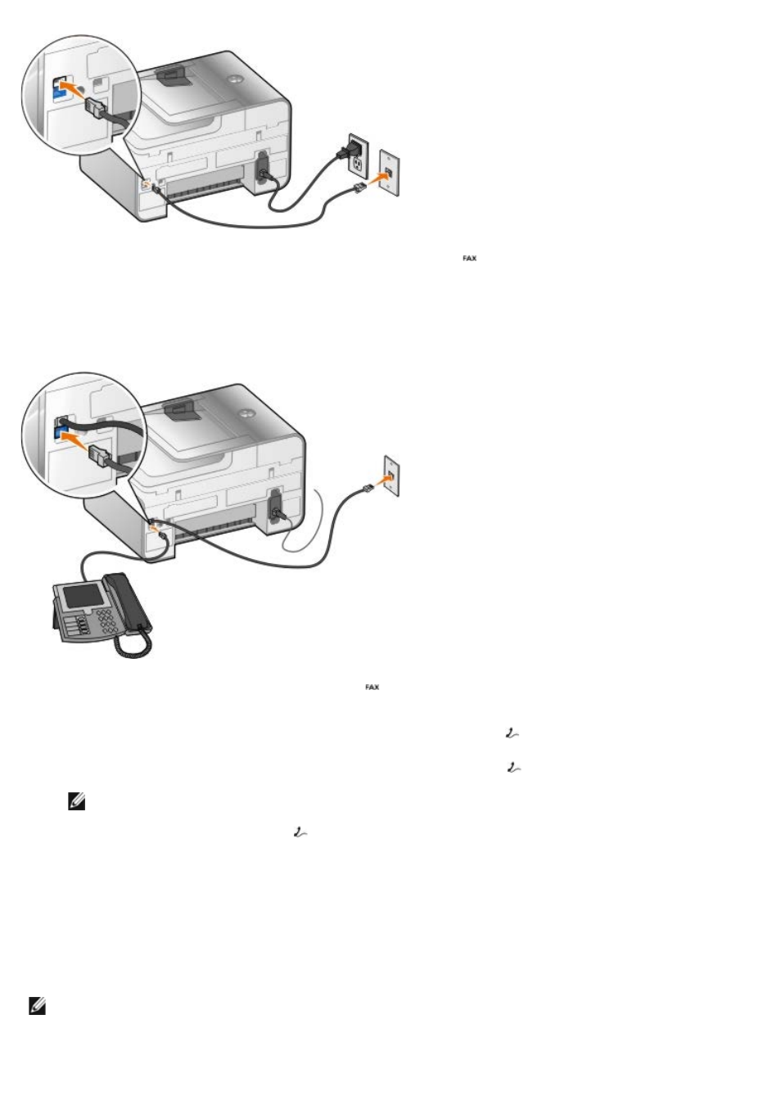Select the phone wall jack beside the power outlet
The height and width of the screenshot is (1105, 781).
(389, 173)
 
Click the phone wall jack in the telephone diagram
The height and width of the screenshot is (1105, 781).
(392, 476)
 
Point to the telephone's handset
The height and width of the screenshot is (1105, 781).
(127, 602)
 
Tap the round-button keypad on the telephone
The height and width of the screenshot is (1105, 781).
(107, 621)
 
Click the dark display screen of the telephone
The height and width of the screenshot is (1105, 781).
(84, 596)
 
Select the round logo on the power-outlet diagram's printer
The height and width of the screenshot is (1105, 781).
(235, 79)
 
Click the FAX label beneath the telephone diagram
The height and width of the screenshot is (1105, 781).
(372, 688)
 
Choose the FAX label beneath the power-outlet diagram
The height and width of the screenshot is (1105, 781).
(469, 258)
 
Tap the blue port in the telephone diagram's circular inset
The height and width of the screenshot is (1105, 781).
(62, 433)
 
